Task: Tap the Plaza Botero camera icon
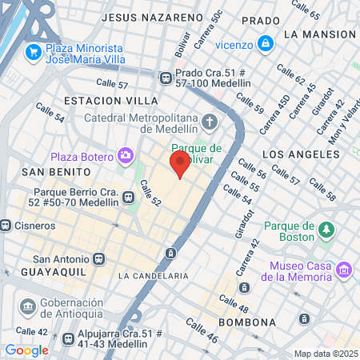126,155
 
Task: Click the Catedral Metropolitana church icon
210,122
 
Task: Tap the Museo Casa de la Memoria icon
344,270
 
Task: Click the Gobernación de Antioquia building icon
28,308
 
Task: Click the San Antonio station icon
99,259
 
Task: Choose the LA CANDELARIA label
153,276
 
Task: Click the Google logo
26,350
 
